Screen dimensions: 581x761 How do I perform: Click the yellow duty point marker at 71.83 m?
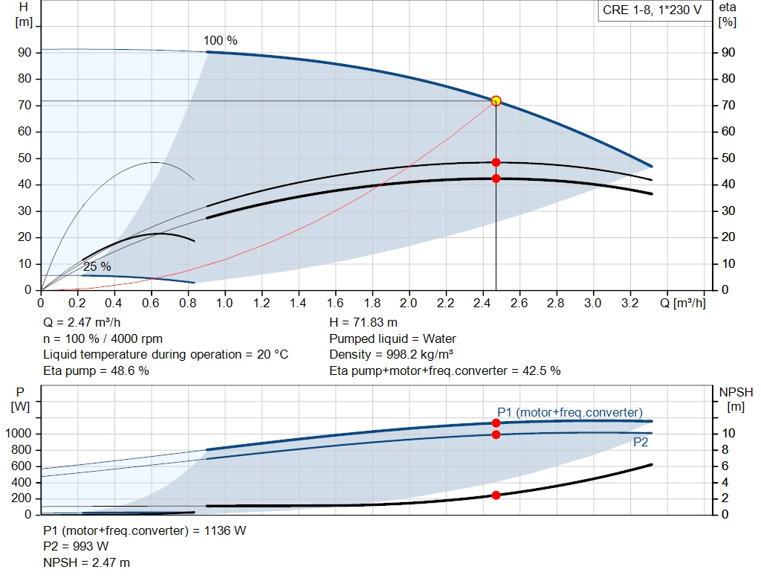pos(496,100)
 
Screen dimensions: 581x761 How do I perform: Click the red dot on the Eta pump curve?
pos(496,162)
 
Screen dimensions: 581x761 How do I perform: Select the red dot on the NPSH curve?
pos(496,495)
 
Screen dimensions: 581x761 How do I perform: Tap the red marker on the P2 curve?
pos(496,434)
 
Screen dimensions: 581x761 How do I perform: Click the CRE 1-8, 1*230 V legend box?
pos(652,12)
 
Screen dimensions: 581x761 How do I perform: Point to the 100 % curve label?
pos(221,40)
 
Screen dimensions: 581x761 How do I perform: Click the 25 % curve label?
pos(97,266)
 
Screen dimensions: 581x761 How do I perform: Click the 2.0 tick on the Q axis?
pos(409,304)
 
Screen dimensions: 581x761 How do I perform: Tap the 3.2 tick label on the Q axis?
pos(629,304)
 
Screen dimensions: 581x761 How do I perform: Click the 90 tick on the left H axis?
pos(25,53)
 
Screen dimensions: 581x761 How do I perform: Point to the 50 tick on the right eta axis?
pos(728,158)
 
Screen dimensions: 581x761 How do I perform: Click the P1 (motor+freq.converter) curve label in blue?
pos(570,412)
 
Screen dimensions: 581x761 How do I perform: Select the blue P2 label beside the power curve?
pos(641,443)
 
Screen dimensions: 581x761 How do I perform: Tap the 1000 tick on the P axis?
pos(20,434)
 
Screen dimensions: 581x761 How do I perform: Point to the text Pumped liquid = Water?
pos(392,339)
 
